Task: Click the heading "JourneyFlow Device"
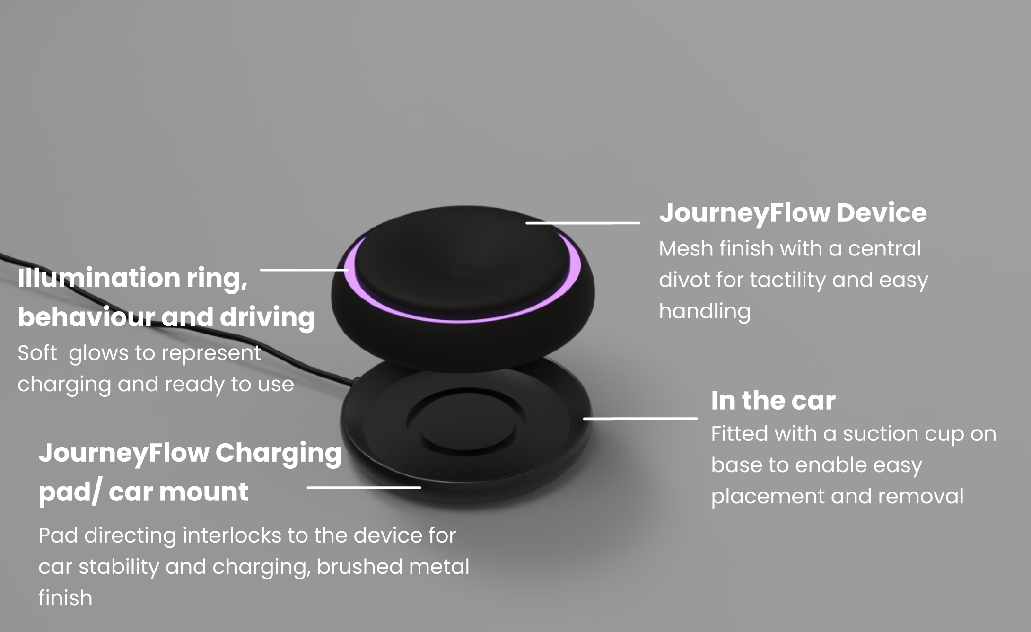[793, 213]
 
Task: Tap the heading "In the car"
[773, 401]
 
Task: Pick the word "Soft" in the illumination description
[37, 353]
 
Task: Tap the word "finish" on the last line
[65, 598]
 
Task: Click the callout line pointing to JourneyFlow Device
[583, 222]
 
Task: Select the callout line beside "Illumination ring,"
[304, 270]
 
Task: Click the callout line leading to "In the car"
[640, 418]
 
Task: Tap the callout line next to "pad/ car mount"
[364, 487]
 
